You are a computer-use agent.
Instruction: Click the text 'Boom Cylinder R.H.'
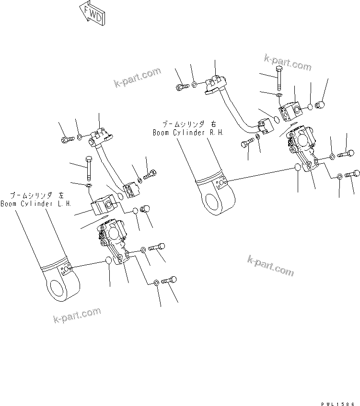[188, 133]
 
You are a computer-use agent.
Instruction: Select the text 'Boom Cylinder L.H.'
[36, 203]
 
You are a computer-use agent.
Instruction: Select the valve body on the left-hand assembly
[113, 235]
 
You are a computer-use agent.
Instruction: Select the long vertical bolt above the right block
[279, 79]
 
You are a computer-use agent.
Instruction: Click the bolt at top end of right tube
[181, 87]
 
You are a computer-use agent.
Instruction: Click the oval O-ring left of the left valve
[109, 260]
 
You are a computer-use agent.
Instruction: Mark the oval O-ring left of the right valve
[297, 168]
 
